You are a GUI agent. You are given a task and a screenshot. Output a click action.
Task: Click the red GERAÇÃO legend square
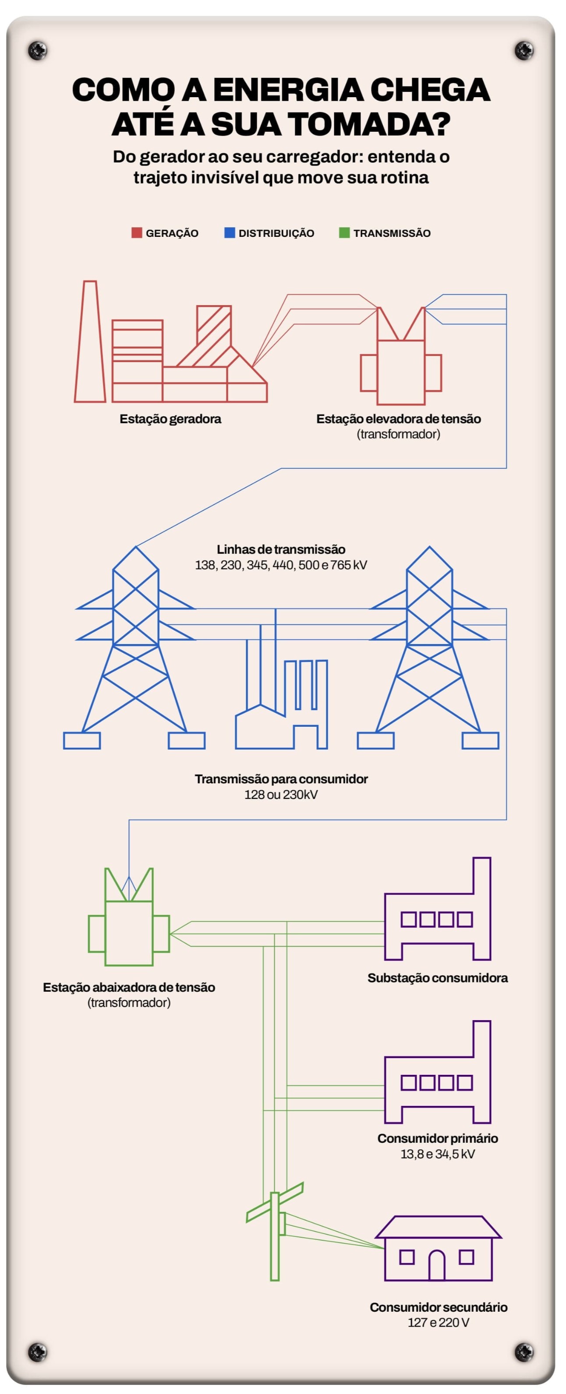click(x=137, y=232)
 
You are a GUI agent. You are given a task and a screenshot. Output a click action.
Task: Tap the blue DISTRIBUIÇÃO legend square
click(x=230, y=232)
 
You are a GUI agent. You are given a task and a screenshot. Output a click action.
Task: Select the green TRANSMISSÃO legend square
click(x=344, y=232)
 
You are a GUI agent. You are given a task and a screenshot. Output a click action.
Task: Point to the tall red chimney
click(x=90, y=341)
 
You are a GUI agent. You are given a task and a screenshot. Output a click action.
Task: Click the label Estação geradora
click(x=170, y=419)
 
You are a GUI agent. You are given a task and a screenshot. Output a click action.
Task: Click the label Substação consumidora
click(x=438, y=978)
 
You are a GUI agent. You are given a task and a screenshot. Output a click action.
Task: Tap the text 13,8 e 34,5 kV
click(x=438, y=1154)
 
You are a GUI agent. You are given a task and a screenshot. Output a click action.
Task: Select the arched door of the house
click(x=437, y=1266)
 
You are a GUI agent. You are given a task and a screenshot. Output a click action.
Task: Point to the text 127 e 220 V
click(x=438, y=1323)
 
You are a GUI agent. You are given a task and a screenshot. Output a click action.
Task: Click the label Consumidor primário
click(x=438, y=1138)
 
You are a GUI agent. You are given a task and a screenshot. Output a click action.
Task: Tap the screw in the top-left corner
click(x=37, y=50)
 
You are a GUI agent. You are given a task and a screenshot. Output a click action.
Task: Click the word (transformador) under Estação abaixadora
click(x=129, y=1003)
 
